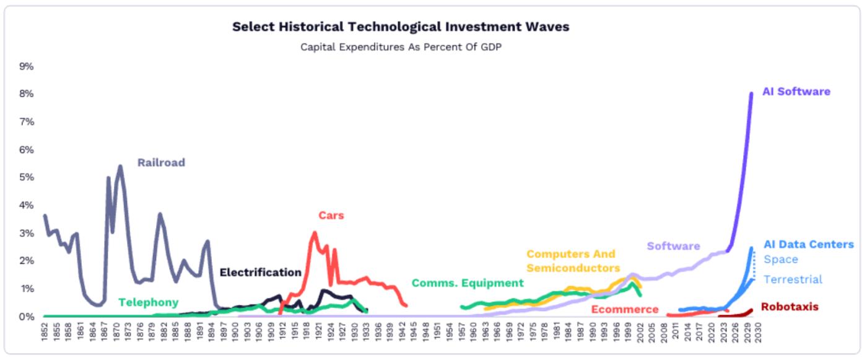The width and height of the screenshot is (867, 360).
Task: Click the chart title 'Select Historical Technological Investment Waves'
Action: pyautogui.click(x=401, y=27)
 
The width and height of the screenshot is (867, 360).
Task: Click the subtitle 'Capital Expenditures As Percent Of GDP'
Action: pyautogui.click(x=401, y=47)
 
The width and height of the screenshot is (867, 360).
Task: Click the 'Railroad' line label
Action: pyautogui.click(x=161, y=163)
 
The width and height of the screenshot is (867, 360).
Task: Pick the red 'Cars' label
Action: pyautogui.click(x=331, y=216)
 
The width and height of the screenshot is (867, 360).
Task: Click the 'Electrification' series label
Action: pyautogui.click(x=260, y=273)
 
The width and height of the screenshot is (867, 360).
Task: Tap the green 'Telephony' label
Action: pyautogui.click(x=148, y=302)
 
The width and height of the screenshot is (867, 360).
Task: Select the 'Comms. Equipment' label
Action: pyautogui.click(x=468, y=283)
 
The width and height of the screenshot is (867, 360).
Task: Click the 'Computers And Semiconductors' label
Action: pyautogui.click(x=573, y=261)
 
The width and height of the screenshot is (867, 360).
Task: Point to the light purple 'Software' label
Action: pyautogui.click(x=673, y=246)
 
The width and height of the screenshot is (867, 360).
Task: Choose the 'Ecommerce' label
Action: pyautogui.click(x=625, y=309)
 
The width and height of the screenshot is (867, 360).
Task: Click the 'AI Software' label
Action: pyautogui.click(x=796, y=92)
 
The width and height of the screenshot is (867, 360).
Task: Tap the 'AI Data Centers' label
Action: pyautogui.click(x=808, y=245)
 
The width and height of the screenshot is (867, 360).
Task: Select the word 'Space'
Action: pyautogui.click(x=781, y=260)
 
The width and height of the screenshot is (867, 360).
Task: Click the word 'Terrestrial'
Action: pyautogui.click(x=793, y=279)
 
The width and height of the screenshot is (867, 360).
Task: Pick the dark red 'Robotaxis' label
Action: pyautogui.click(x=790, y=307)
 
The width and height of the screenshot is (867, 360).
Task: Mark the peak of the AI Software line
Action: pyautogui.click(x=751, y=94)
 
